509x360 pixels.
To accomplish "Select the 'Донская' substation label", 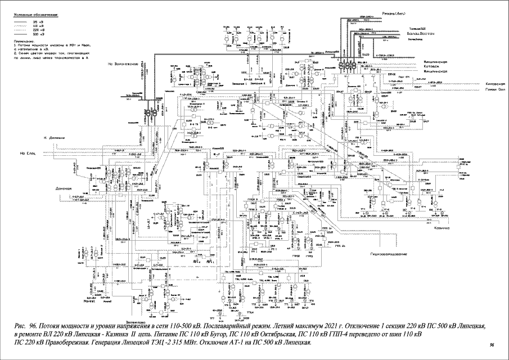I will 65,188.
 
